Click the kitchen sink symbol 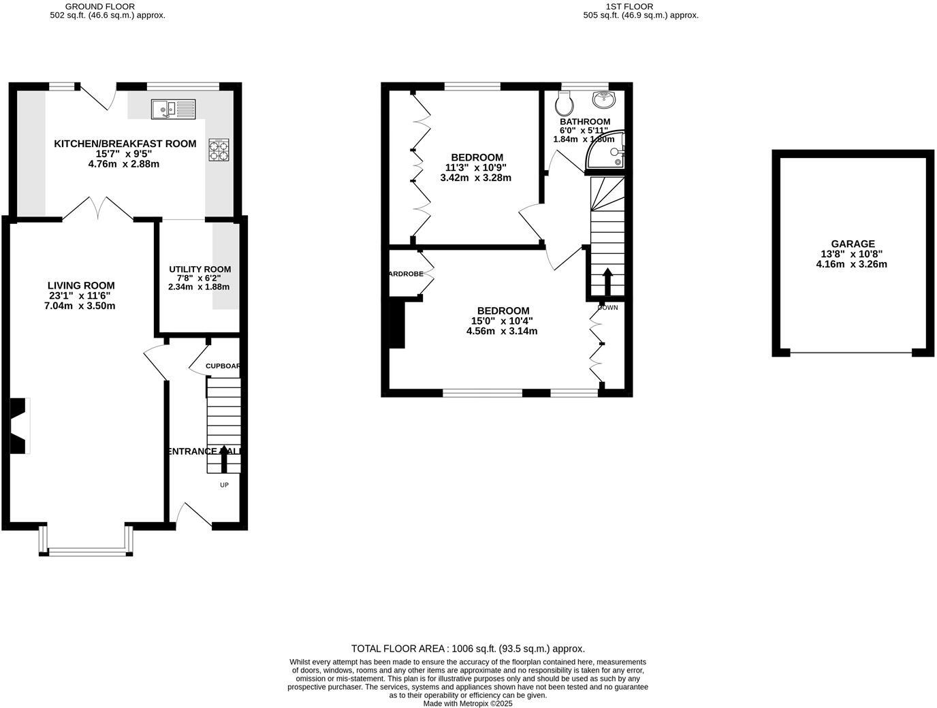point(173,108)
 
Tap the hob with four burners point(219,150)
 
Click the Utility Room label point(200,270)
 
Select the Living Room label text point(81,286)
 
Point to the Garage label point(853,244)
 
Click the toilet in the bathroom point(564,104)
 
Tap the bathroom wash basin point(604,100)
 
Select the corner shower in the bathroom point(607,152)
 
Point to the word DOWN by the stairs point(607,308)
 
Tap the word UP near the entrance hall point(224,485)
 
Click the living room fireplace point(19,425)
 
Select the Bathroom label point(585,122)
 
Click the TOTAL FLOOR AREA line point(468,649)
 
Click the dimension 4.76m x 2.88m point(124,164)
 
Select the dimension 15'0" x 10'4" point(503,321)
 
